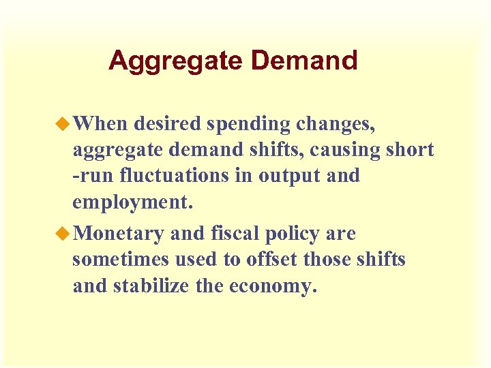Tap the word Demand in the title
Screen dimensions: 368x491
[x=304, y=61]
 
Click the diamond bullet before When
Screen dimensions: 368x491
[x=65, y=123]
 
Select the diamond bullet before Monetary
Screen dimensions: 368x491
[x=65, y=234]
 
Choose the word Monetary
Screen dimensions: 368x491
[x=118, y=234]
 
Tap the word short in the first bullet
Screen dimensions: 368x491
[x=408, y=149]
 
